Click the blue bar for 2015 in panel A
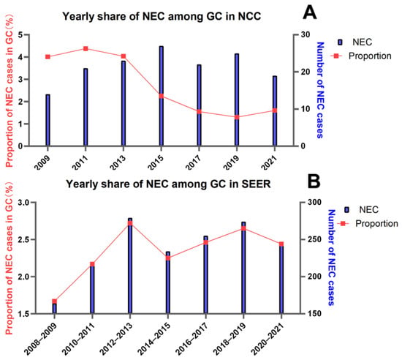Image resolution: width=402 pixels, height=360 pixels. [161, 97]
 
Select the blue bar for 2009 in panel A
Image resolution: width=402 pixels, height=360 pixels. [48, 120]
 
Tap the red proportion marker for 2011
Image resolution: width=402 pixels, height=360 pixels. [86, 49]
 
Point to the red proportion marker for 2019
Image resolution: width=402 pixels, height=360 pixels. [237, 117]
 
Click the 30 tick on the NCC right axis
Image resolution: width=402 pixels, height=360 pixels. [305, 34]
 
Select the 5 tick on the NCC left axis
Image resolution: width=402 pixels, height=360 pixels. [20, 34]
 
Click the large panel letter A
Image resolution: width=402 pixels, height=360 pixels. [310, 12]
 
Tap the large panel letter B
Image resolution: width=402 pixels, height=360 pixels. [314, 181]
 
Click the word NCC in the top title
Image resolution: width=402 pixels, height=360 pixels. [249, 16]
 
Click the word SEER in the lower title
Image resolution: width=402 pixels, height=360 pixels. [256, 184]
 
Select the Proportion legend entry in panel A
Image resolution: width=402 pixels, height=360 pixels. [361, 56]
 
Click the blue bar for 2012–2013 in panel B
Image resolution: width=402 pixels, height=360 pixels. [130, 266]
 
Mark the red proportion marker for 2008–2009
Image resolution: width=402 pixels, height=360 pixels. [54, 301]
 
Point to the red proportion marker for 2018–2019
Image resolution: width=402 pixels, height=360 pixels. [243, 228]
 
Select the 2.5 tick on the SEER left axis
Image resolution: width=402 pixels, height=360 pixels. [23, 240]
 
